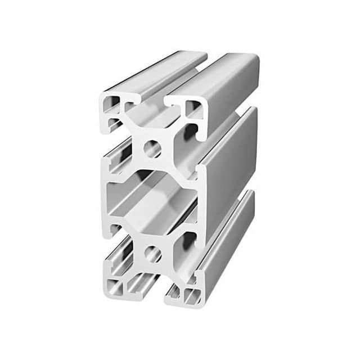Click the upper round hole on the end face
point(152,149)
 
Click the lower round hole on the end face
point(152,255)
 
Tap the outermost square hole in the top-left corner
point(110,103)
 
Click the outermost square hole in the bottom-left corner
point(114,287)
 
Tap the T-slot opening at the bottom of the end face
point(151,292)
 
